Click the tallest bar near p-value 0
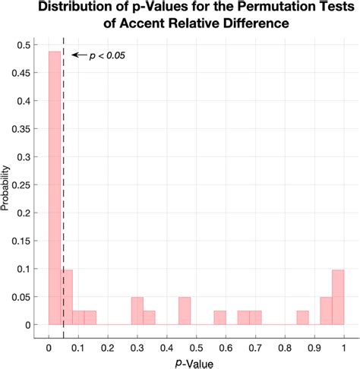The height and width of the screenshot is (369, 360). point(55,190)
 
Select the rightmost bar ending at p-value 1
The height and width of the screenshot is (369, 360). point(338,298)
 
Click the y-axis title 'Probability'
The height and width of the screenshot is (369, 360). point(7,184)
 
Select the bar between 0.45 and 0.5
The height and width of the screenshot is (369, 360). point(185,311)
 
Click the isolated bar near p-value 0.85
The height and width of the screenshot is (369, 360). point(302,318)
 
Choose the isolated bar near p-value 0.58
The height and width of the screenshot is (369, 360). point(219,318)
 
